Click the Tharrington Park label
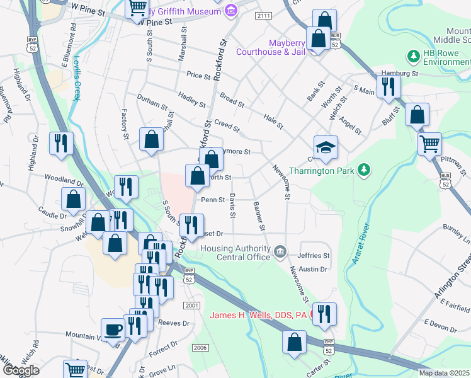coord(322,171)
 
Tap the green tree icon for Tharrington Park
coord(363,170)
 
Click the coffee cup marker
coord(113,331)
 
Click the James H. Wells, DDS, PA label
coord(258,315)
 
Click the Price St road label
coord(198,76)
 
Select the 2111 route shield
coord(263,15)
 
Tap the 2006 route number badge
coord(200,348)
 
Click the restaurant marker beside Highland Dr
coord(61,142)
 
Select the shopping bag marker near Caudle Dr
coord(74,200)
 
